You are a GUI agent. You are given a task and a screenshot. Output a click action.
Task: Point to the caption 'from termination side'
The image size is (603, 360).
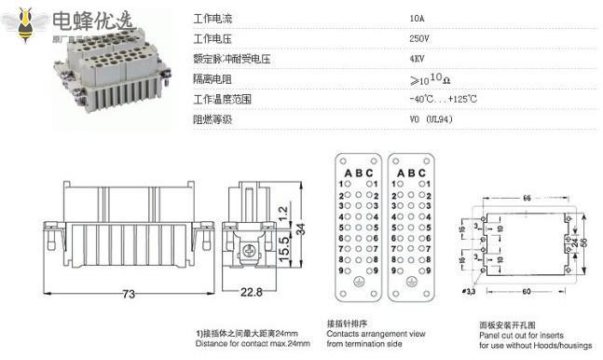(356, 343)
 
